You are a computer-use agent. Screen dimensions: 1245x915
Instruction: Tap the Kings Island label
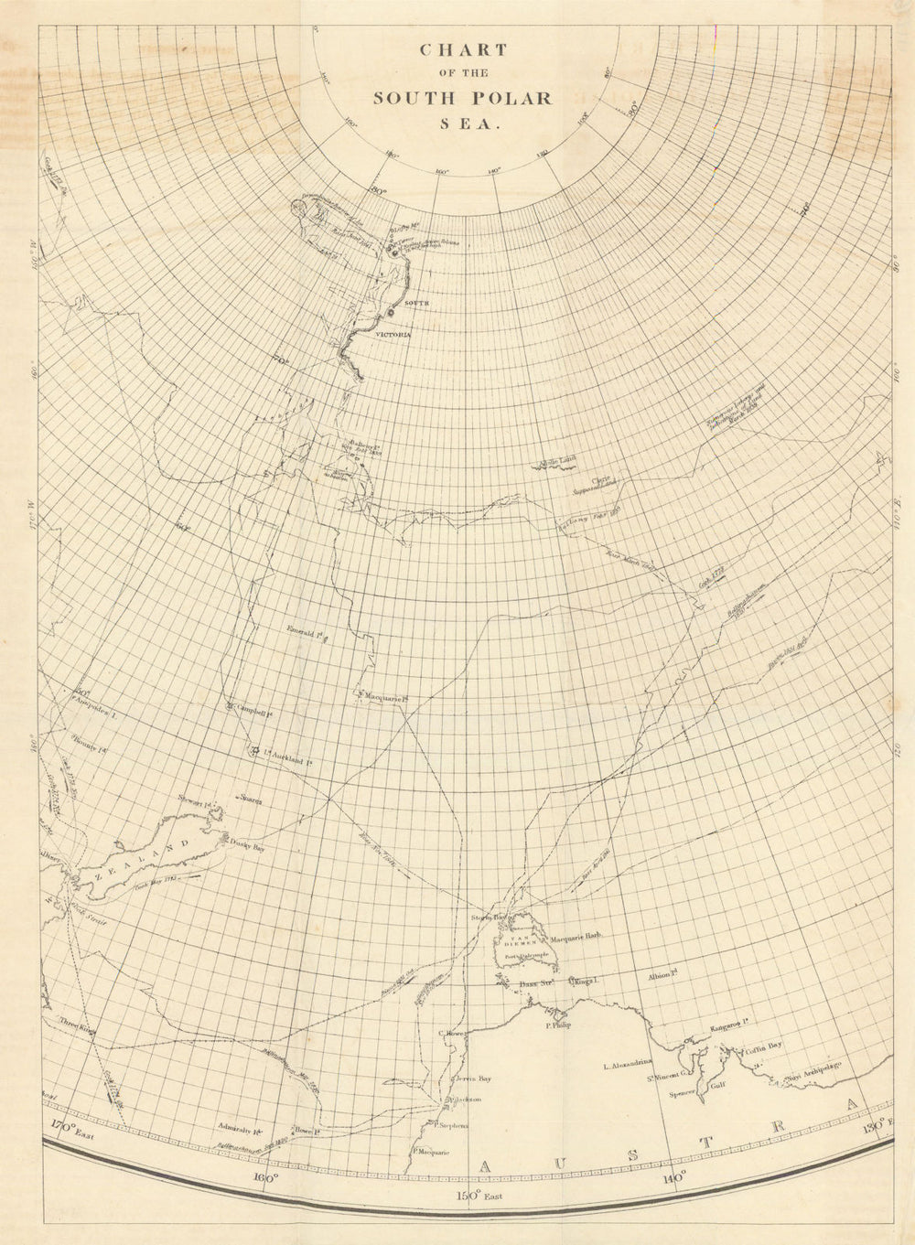[x=584, y=982]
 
